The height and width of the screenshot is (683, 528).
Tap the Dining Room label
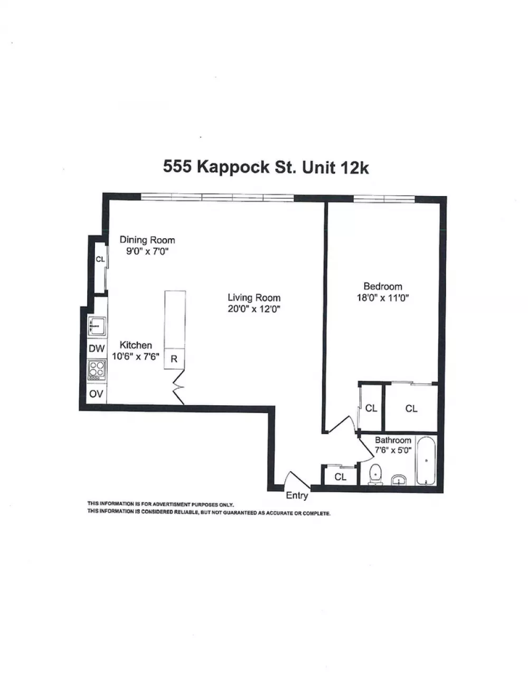click(147, 240)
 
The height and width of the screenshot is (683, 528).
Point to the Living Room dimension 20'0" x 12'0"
click(254, 309)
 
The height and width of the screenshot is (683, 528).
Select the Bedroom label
click(383, 286)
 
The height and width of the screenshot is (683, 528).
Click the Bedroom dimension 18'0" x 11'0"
click(383, 297)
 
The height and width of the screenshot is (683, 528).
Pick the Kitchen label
click(136, 345)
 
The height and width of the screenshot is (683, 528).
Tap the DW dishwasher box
click(97, 349)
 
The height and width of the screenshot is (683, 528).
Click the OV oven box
click(97, 394)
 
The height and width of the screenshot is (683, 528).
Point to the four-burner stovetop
click(97, 370)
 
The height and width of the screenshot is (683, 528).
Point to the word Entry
click(297, 495)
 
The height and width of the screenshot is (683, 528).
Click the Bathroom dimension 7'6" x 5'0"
click(393, 450)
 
